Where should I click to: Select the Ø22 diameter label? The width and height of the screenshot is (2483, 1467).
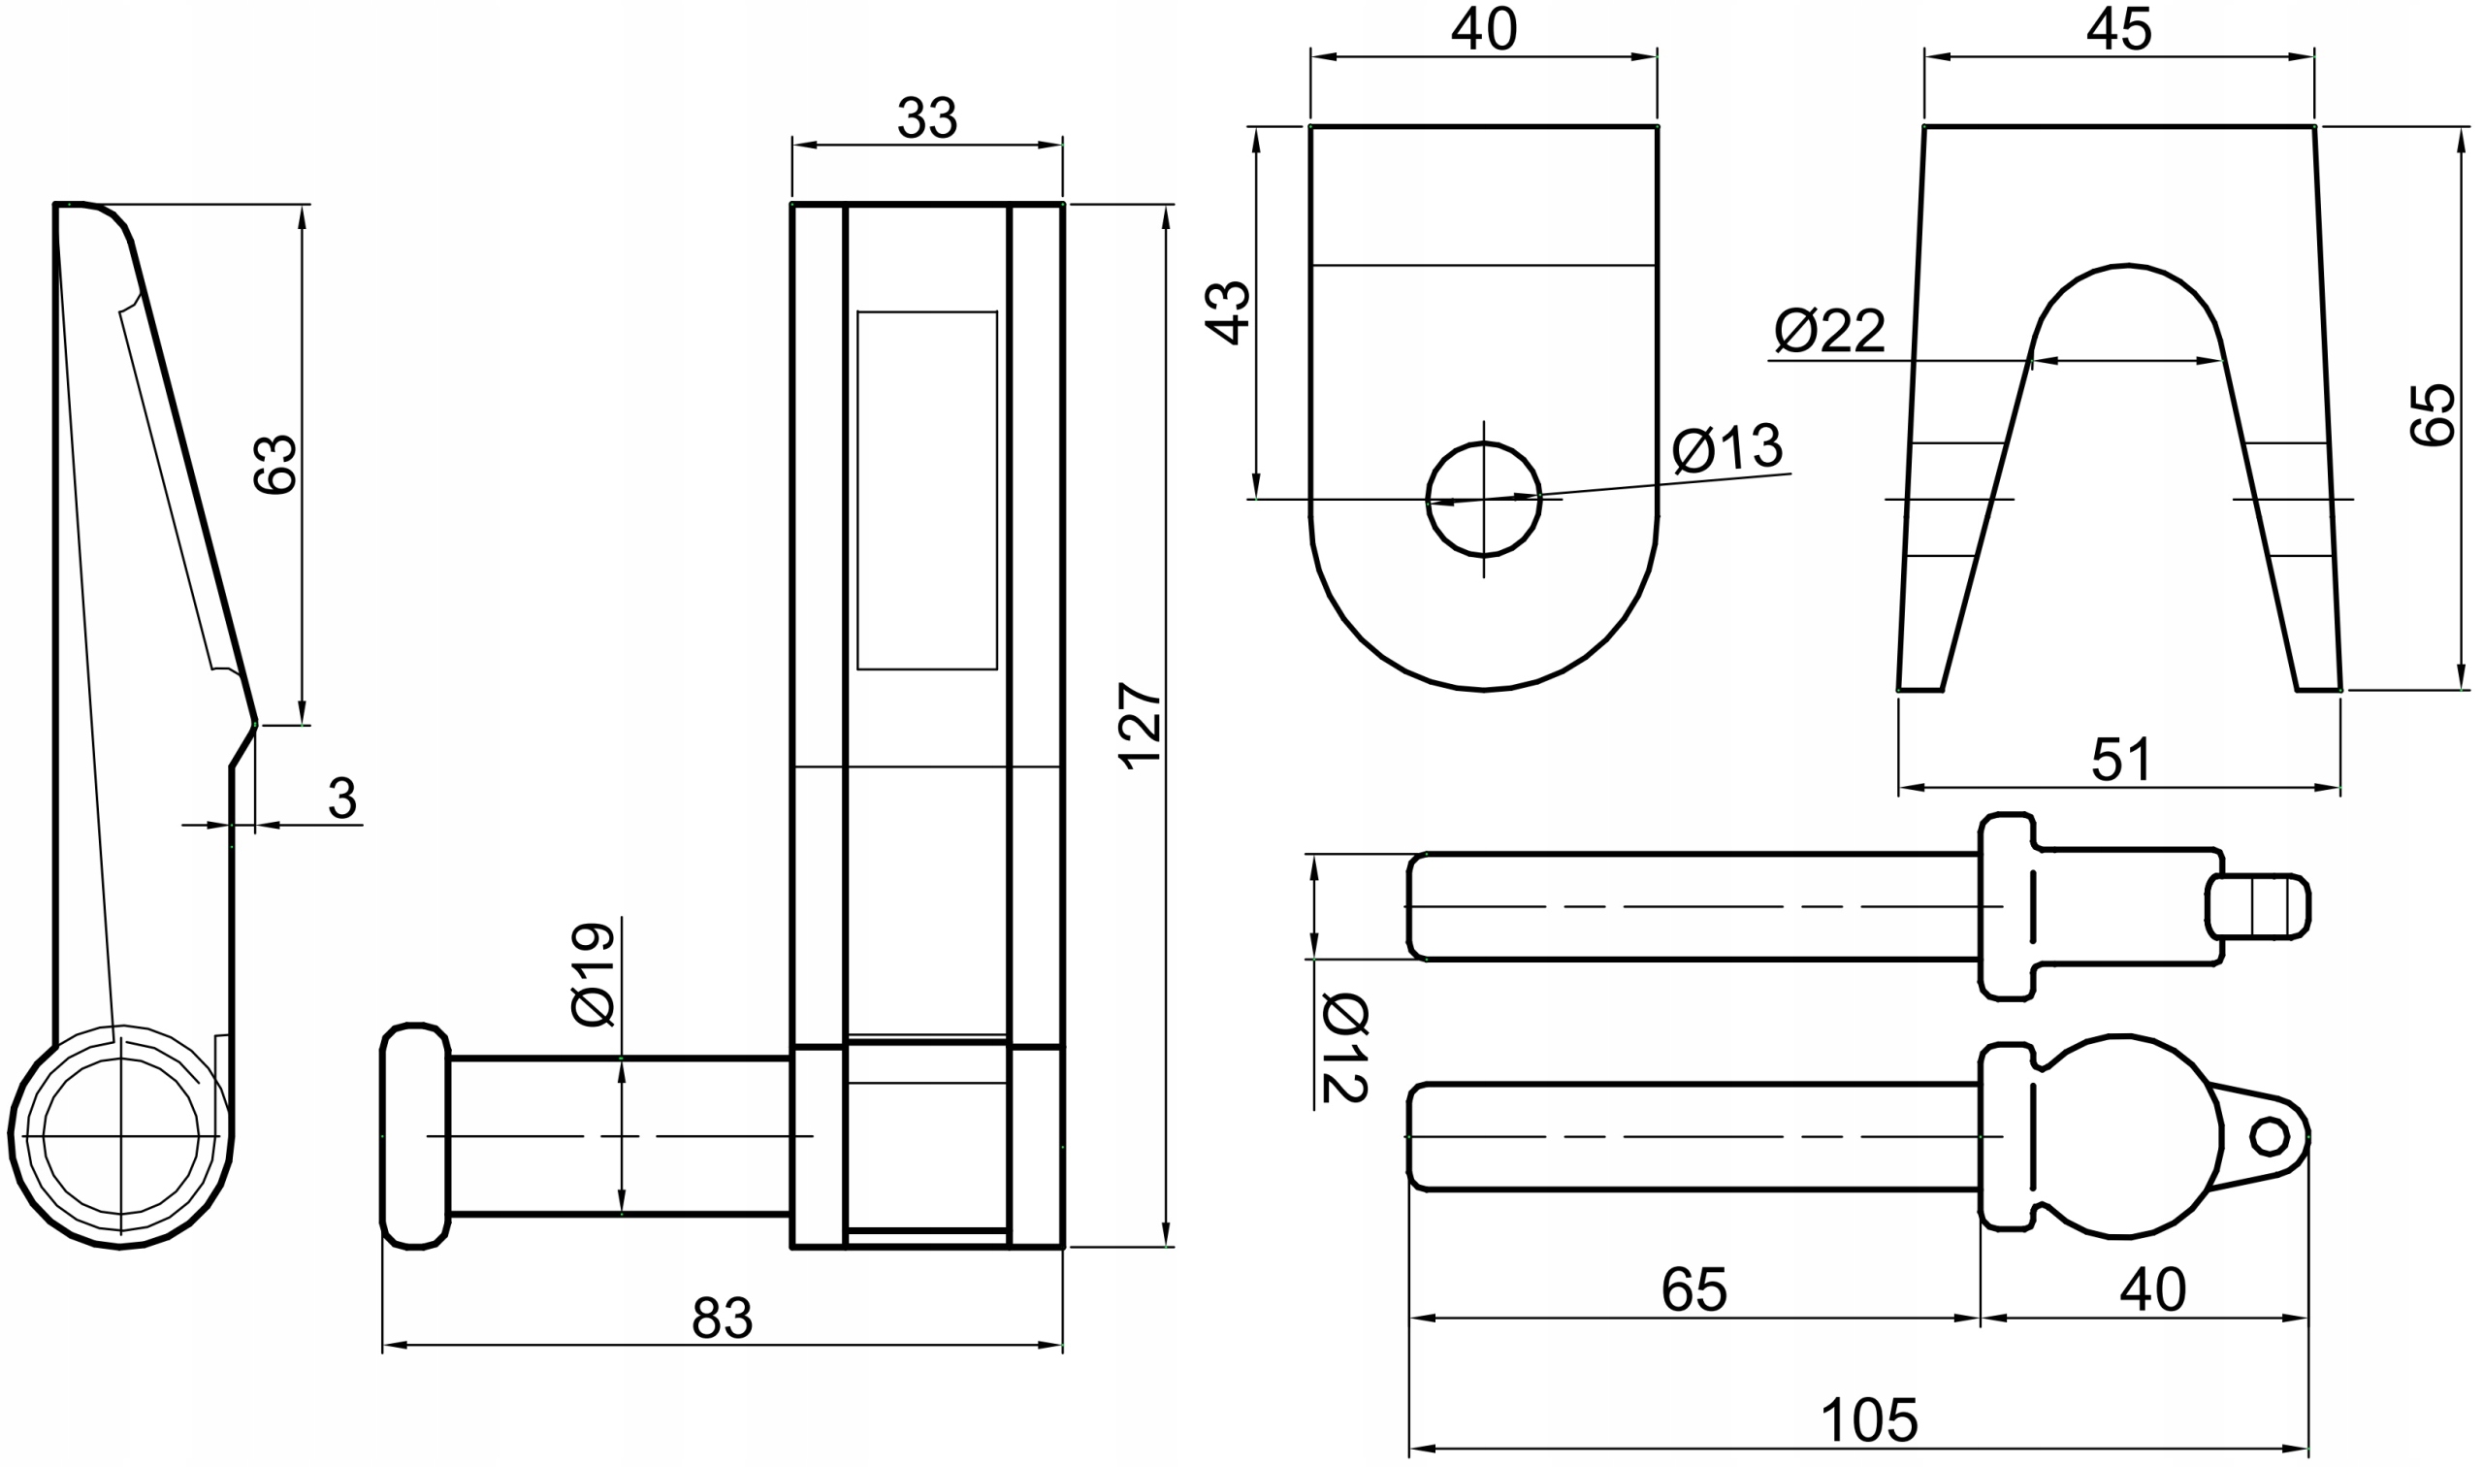click(x=1830, y=331)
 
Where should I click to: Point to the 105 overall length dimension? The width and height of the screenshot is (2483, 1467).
click(x=1869, y=1420)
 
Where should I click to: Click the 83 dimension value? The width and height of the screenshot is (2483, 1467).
click(x=723, y=1318)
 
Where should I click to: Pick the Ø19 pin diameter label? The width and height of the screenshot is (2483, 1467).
click(x=594, y=975)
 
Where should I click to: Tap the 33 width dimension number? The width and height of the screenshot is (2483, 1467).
click(x=927, y=118)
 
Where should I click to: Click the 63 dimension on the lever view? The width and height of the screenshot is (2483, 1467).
click(x=274, y=464)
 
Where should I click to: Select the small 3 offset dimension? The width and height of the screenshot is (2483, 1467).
click(x=341, y=798)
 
